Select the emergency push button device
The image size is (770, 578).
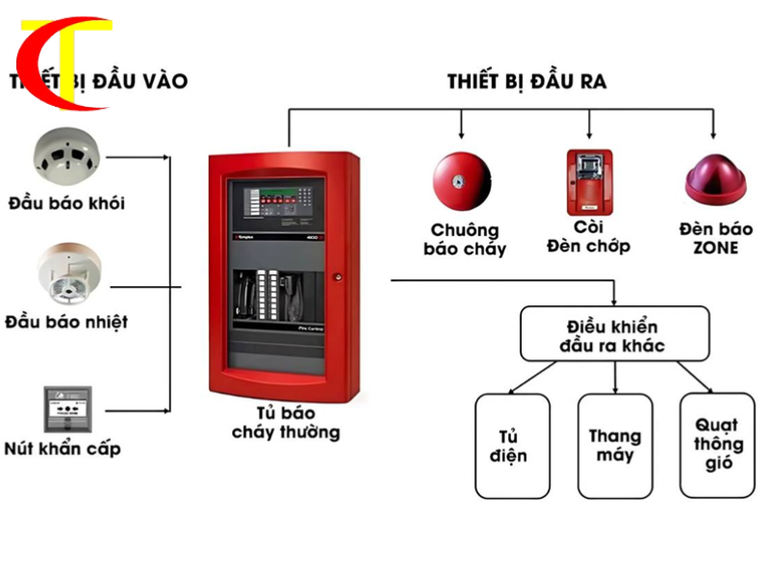[x=67, y=409]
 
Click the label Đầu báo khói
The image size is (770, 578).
[x=66, y=203]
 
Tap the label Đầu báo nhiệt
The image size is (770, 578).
[x=66, y=321]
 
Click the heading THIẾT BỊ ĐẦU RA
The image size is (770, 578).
[x=526, y=81]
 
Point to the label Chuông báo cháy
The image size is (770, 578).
[x=466, y=239]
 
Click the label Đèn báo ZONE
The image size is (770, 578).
[x=716, y=238]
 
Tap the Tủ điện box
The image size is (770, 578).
[x=514, y=445]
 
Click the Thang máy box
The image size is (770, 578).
[x=614, y=445]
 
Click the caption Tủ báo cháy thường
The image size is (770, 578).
[x=286, y=421]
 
